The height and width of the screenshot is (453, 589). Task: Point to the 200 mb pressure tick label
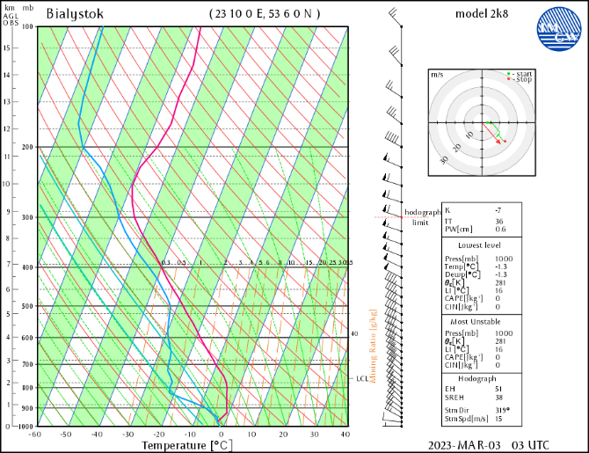[x=27, y=147]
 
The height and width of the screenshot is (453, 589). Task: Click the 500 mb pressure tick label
[x=27, y=307]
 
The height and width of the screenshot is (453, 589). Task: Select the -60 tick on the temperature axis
[x=35, y=435]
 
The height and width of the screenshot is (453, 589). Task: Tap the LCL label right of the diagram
[x=361, y=378]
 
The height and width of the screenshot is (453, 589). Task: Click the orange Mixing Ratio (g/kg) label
[x=374, y=347]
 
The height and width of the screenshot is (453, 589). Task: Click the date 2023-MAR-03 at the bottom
[x=464, y=445]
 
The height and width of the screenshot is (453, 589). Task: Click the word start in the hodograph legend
[x=525, y=73]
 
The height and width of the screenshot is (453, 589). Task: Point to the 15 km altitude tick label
[x=7, y=47]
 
